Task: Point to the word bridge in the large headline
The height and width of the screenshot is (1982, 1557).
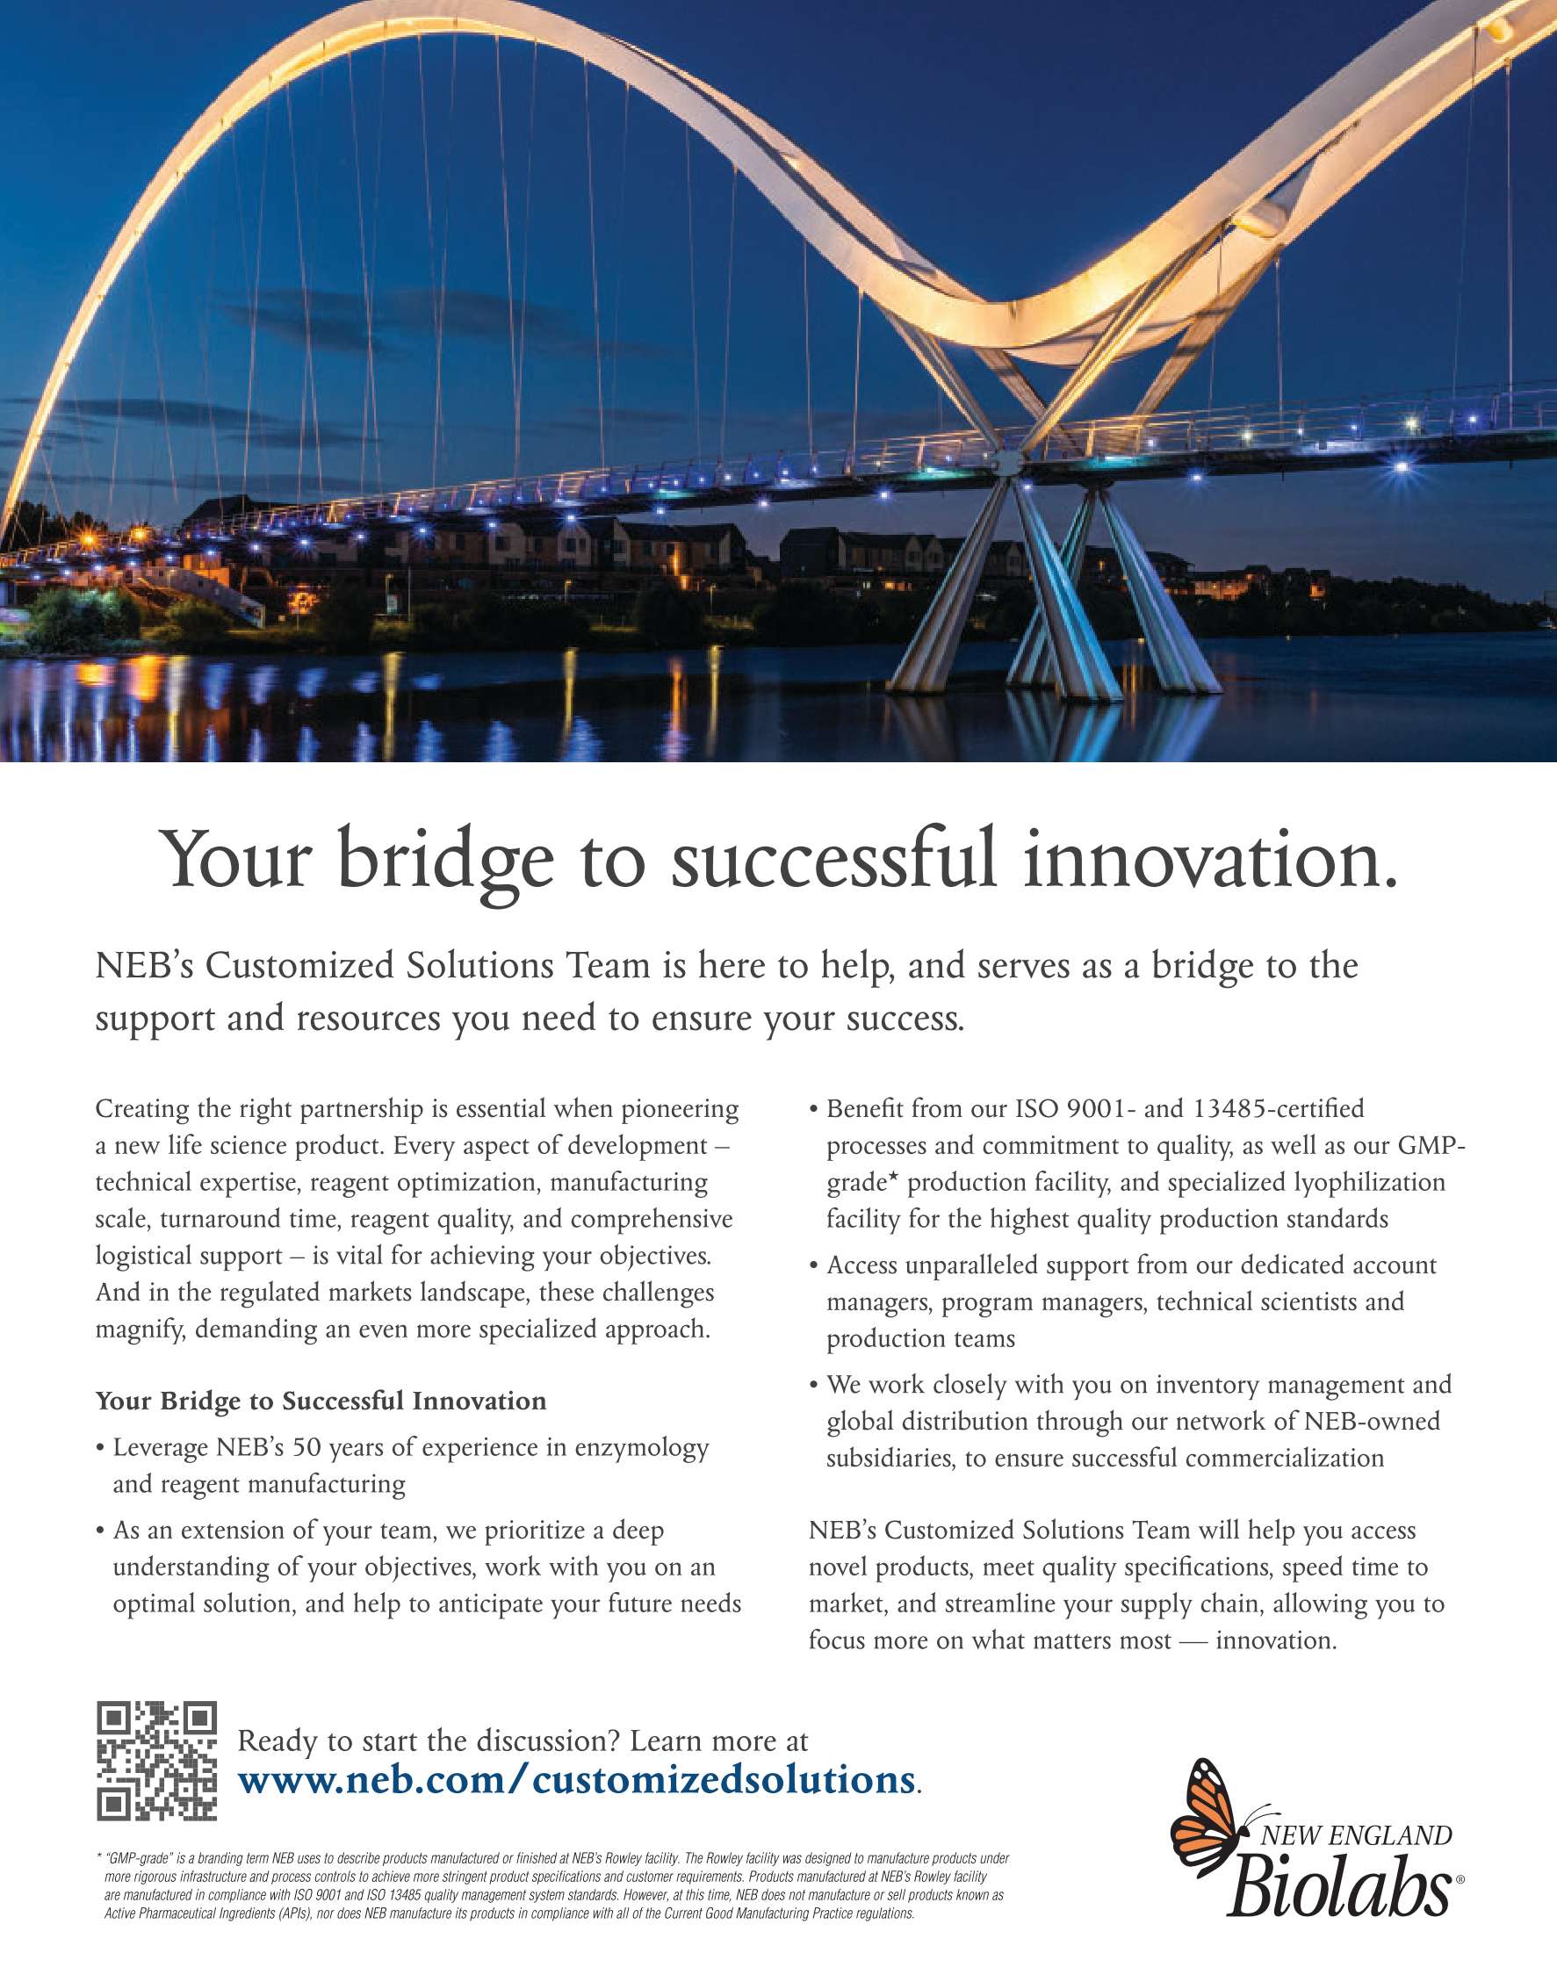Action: click(x=445, y=861)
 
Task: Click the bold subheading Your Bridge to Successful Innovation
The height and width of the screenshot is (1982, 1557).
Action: click(x=321, y=1401)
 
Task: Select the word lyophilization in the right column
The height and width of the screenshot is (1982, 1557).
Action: click(x=1369, y=1183)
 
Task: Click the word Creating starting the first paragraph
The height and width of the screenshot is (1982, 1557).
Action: click(x=139, y=1109)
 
